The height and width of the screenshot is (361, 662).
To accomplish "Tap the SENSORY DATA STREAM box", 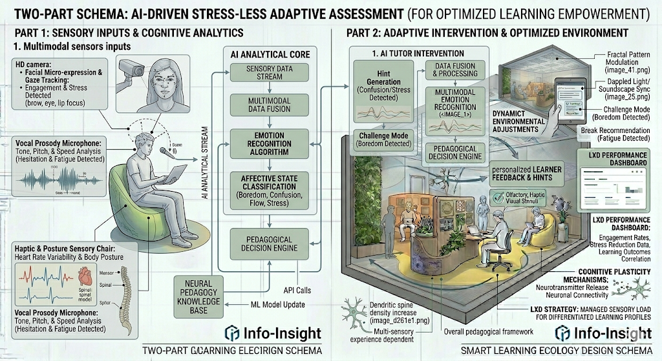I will click(x=261, y=74).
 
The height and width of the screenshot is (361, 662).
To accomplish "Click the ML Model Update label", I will click(x=277, y=305).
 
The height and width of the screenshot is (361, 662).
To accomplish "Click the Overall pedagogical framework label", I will click(x=489, y=332).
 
